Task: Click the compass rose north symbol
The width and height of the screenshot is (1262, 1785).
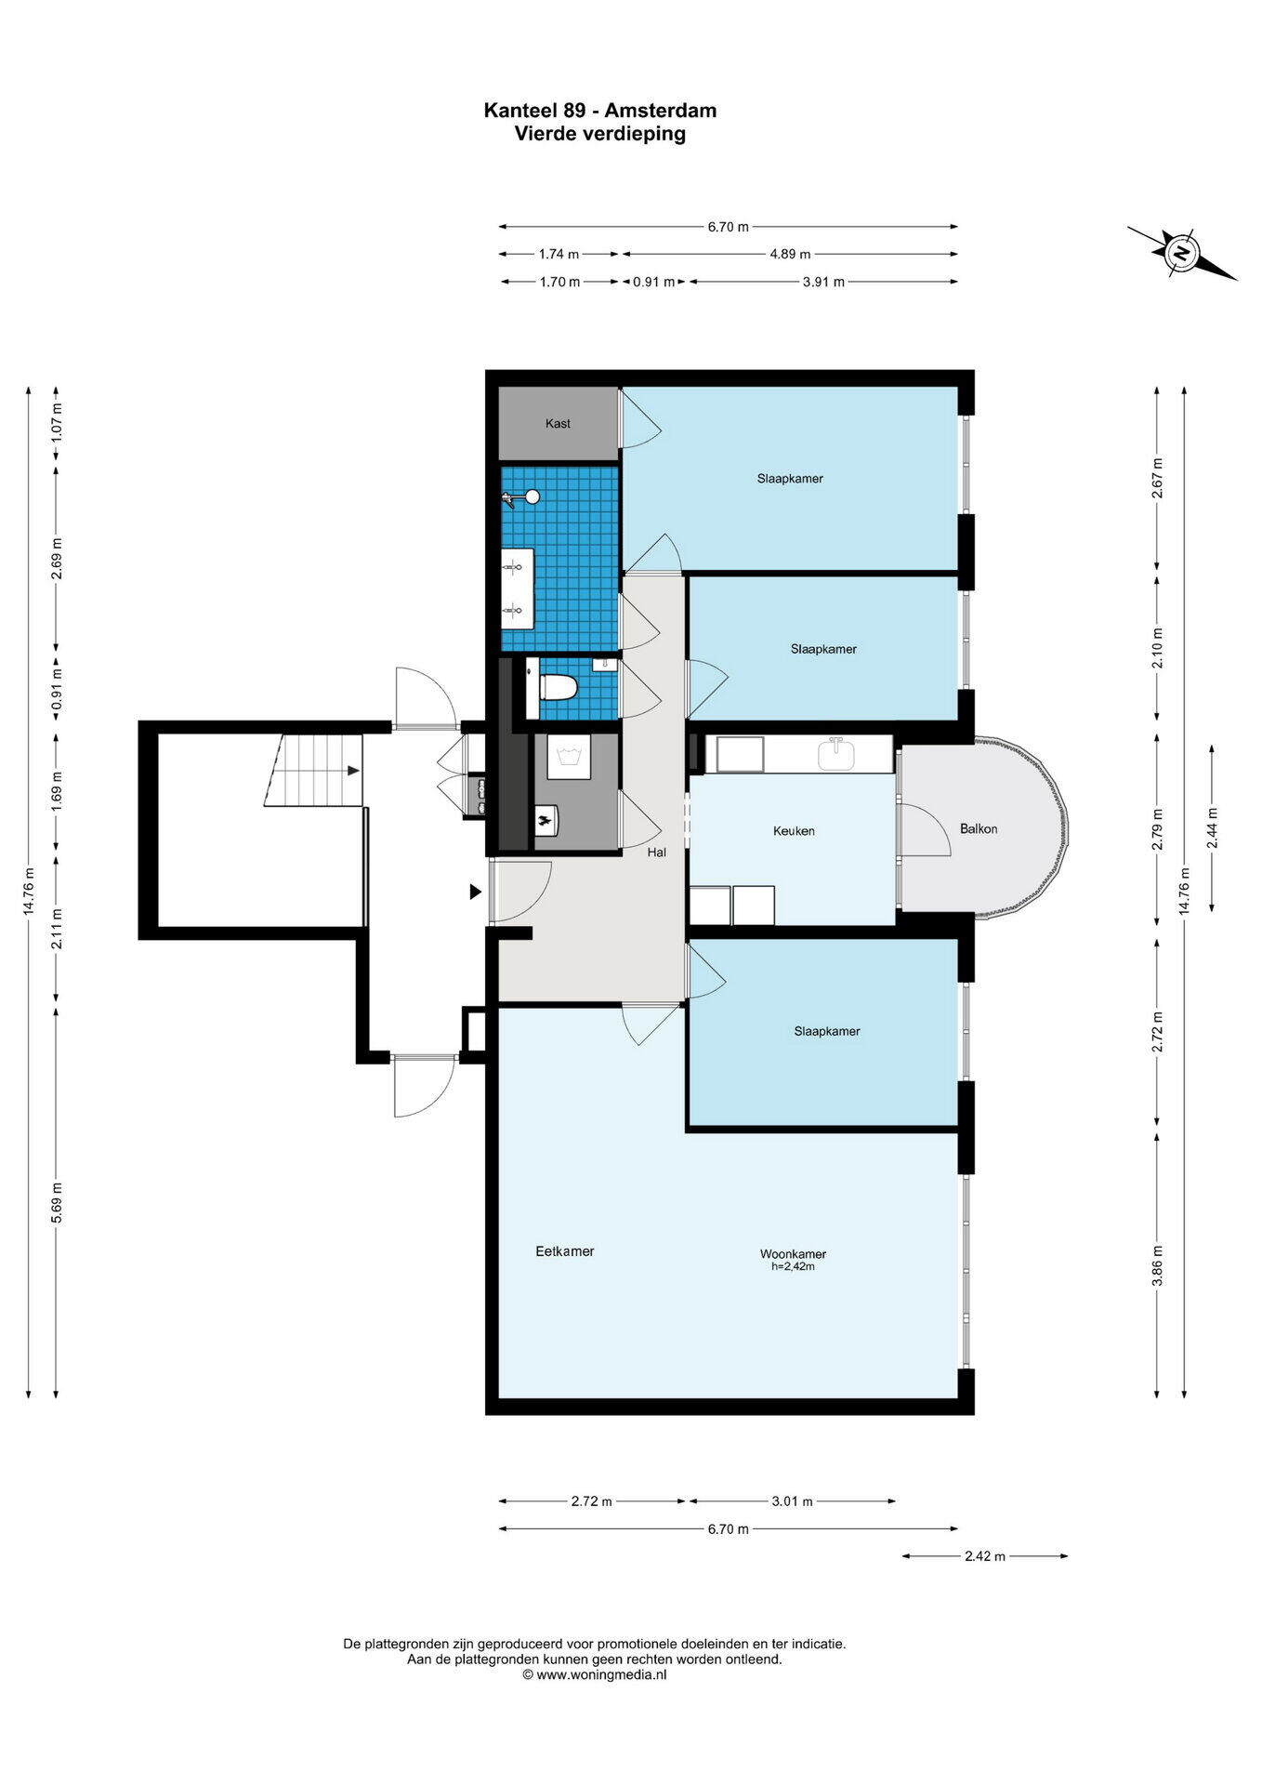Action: (1181, 252)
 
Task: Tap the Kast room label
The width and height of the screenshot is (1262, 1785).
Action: (558, 424)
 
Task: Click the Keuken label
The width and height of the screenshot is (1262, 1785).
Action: (794, 831)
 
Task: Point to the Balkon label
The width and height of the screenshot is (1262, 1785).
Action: (979, 828)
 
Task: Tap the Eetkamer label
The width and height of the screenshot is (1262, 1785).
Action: (565, 1251)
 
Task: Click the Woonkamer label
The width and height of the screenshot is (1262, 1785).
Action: (793, 1254)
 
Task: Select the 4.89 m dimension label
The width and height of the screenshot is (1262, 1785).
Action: (790, 254)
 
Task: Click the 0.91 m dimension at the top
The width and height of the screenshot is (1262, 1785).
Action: (653, 282)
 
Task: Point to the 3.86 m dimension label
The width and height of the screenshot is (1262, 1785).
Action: (1158, 1266)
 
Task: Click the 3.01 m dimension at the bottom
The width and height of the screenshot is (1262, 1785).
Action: (793, 1501)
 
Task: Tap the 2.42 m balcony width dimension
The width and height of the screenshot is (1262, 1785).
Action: (985, 1556)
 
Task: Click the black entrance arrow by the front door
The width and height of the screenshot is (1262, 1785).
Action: (475, 892)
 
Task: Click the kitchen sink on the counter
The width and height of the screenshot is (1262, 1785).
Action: (836, 753)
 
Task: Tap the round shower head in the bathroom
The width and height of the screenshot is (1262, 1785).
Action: (532, 496)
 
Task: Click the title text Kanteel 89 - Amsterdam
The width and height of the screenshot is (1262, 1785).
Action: (599, 111)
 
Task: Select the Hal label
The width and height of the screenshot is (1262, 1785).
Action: (656, 852)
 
